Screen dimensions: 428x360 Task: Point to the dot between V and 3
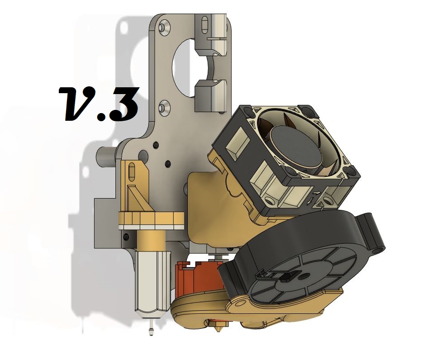click(x=102, y=115)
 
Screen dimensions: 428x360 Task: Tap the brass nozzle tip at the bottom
click(x=218, y=329)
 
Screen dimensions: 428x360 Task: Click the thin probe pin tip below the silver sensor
click(x=151, y=331)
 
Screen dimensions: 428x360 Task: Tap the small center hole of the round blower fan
click(x=302, y=277)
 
